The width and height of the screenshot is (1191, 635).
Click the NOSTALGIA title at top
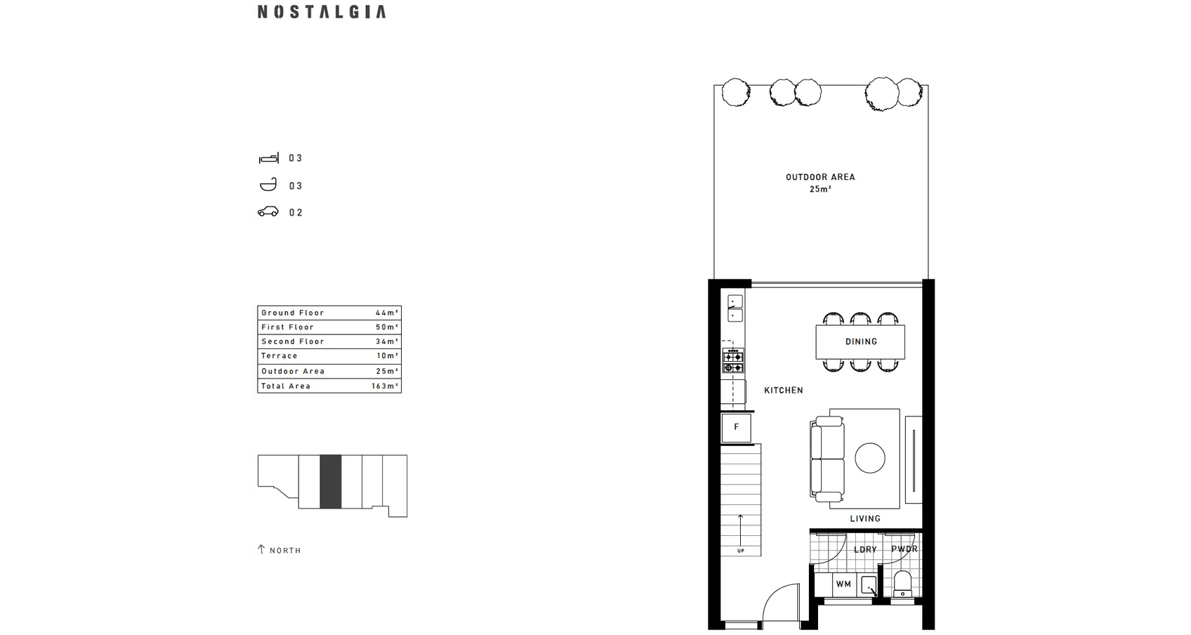click(322, 12)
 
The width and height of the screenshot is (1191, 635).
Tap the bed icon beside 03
click(269, 158)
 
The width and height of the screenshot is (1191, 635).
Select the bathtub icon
click(268, 185)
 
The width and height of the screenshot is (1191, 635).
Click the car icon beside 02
click(268, 212)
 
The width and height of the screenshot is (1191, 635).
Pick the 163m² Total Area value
click(386, 386)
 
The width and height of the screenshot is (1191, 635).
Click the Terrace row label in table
click(279, 356)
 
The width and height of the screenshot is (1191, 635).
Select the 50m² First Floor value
click(387, 327)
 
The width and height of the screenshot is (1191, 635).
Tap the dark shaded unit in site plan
click(330, 481)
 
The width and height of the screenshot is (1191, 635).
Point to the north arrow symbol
click(261, 549)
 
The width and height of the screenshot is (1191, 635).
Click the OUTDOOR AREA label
click(820, 177)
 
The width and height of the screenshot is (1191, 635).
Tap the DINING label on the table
click(861, 342)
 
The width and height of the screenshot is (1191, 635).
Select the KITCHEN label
click(783, 391)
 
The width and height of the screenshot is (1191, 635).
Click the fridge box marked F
click(736, 427)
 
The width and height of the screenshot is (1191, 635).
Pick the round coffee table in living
click(870, 458)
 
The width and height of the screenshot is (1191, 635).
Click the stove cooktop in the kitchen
click(734, 360)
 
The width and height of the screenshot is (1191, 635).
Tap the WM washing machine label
click(843, 584)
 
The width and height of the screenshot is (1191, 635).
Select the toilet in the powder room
click(902, 584)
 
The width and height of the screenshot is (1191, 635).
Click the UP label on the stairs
click(740, 551)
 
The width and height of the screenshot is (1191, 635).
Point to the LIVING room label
click(864, 519)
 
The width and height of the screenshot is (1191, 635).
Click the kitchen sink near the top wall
click(735, 309)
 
